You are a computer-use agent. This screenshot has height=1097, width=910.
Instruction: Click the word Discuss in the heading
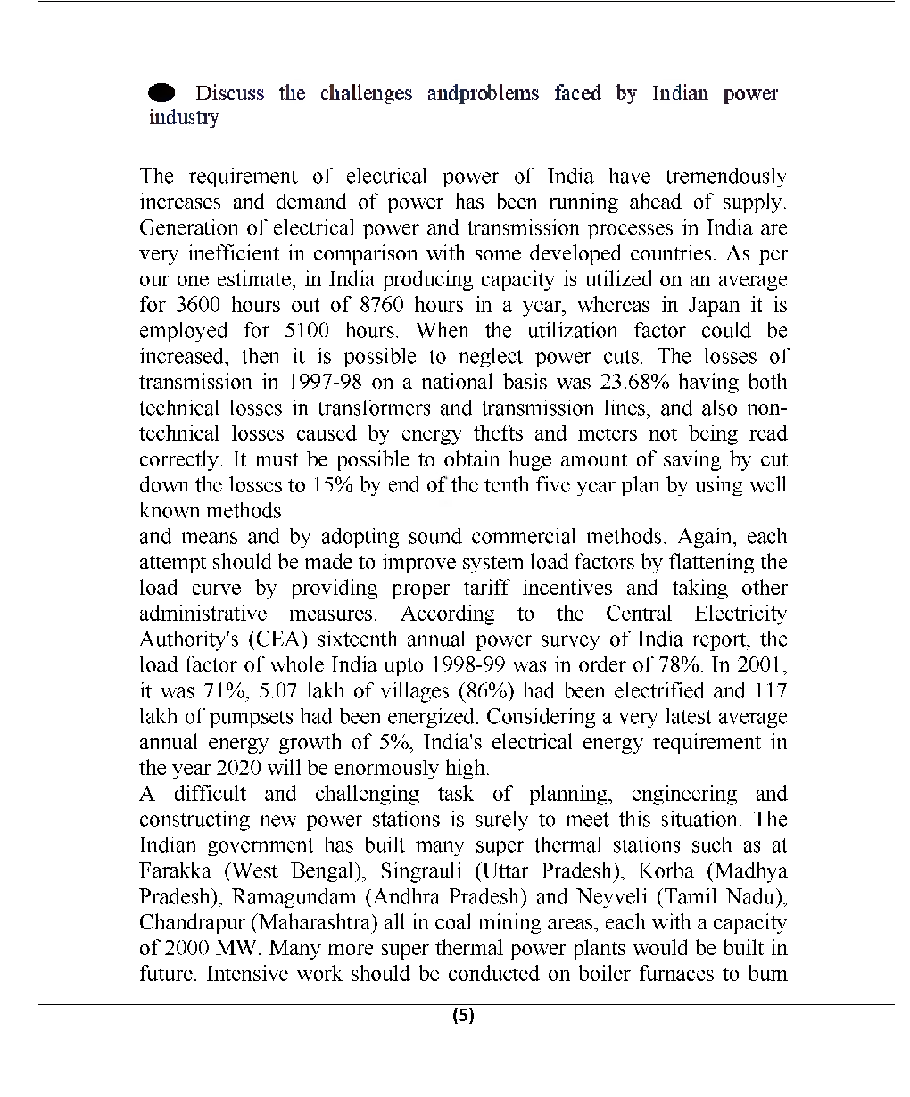pyautogui.click(x=229, y=94)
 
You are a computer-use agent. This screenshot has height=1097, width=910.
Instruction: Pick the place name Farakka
pyautogui.click(x=175, y=870)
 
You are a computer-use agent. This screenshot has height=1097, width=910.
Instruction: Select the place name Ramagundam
pyautogui.click(x=285, y=896)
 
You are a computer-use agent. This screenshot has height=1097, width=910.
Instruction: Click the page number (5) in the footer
pyautogui.click(x=463, y=1016)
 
